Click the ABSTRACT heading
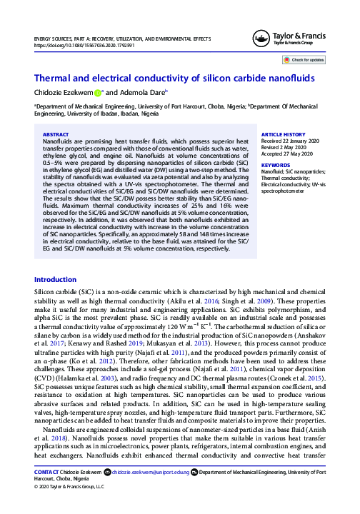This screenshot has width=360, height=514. coord(56,134)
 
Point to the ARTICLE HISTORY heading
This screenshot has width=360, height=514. coord(283,134)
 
